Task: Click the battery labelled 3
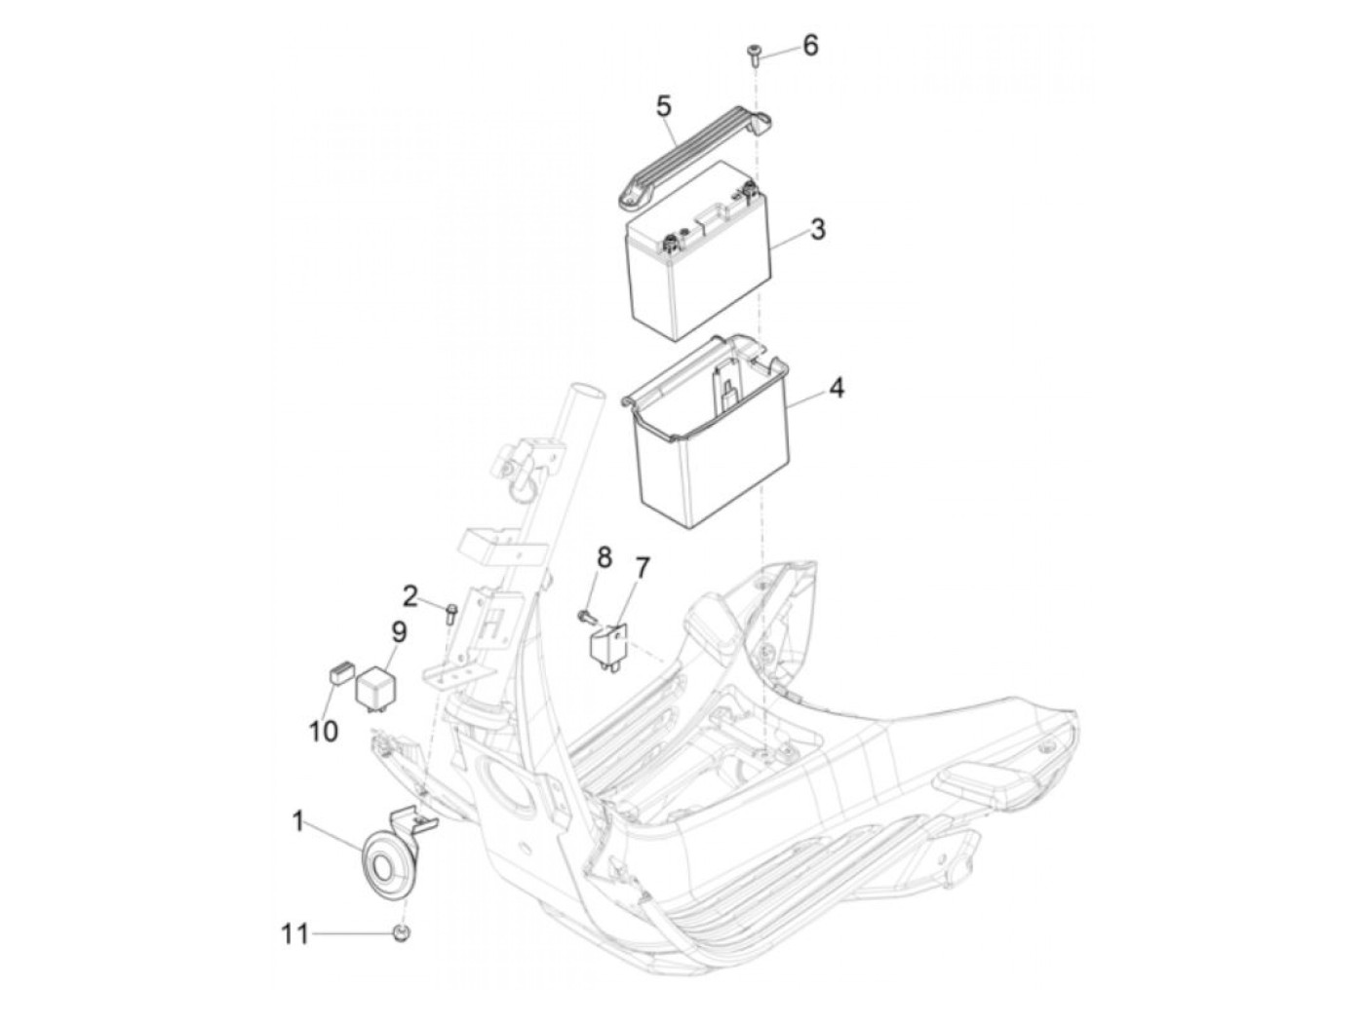[697, 250]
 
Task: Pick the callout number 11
[294, 951]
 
